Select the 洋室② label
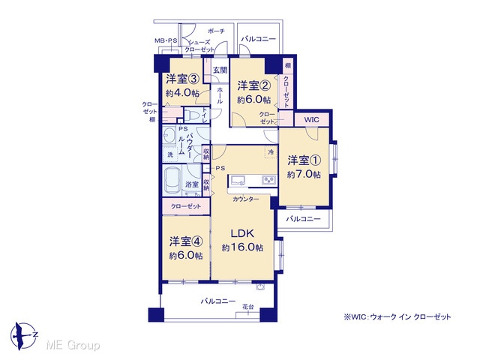coord(254,85)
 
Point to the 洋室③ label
coord(183,79)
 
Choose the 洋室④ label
coord(186,241)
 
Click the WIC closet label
coord(312,120)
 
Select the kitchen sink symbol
coord(239,180)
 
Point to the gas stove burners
coord(269,180)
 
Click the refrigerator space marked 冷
coord(271,151)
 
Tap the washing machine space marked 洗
coord(170,155)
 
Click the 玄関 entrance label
coord(220,70)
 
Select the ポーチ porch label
coord(217,31)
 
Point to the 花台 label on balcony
coord(248,307)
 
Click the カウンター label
coord(245,199)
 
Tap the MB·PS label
coord(166,40)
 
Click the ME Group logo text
coord(73,345)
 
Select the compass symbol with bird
coord(23,336)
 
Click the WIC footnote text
coord(397,316)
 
